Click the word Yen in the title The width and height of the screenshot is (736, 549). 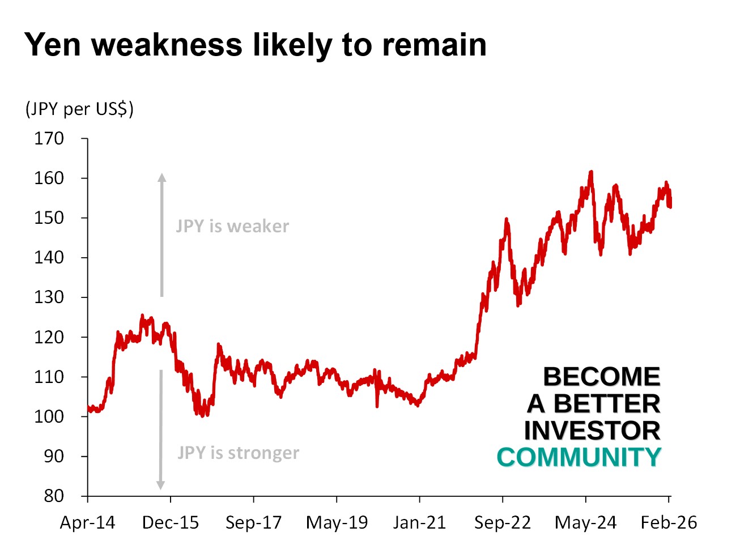53,45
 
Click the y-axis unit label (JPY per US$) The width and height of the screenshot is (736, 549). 79,108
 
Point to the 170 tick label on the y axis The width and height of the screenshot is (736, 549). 49,138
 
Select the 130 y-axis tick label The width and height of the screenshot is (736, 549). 49,297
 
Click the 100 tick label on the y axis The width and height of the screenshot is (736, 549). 49,416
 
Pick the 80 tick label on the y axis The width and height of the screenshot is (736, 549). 54,496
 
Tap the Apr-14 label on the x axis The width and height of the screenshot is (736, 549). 87,522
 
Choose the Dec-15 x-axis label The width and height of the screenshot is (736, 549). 171,522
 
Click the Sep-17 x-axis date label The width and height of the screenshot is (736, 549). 253,522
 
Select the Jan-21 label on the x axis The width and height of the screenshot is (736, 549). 419,522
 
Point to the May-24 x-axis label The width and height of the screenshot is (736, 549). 585,522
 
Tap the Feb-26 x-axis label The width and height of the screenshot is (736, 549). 669,522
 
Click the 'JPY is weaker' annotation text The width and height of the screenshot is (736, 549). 232,227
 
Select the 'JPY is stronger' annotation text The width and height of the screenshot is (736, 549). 238,453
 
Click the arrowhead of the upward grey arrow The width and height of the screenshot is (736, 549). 162,177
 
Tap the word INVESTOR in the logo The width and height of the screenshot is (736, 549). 592,431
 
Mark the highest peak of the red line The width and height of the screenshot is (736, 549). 591,171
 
